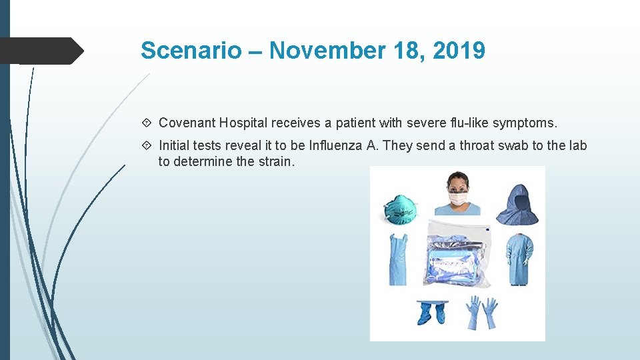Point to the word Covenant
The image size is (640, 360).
188,123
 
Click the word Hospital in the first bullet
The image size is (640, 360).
244,123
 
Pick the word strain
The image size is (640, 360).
274,161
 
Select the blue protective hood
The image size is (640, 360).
518,200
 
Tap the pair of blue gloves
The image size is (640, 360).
482,311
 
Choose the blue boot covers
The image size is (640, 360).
431,312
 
